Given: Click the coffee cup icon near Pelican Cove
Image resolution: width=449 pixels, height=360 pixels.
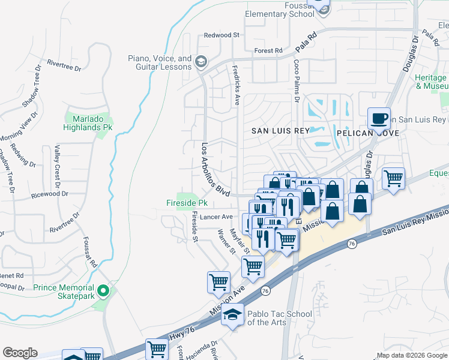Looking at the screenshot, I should click(x=379, y=118).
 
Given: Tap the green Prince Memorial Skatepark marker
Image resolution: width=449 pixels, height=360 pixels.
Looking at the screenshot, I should click(x=103, y=292).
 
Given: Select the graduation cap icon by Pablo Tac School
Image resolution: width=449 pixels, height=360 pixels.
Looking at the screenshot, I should click(x=233, y=314).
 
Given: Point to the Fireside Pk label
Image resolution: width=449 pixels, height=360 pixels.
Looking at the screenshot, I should click(x=187, y=203).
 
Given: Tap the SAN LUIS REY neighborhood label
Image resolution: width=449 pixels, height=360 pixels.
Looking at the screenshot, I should click(x=280, y=131).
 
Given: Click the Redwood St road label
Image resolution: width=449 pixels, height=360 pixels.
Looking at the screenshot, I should click(x=221, y=35).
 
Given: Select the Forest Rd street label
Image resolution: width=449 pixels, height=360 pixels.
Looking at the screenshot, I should click(x=268, y=51).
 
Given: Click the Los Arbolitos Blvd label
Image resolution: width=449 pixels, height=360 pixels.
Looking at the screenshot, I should click(x=215, y=169).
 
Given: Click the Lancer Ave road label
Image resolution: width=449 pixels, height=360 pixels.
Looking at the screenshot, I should click(x=217, y=217).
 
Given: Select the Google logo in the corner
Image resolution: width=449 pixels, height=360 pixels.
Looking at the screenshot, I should click(x=20, y=353).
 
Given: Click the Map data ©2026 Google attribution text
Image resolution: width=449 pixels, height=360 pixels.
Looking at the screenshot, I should click(x=412, y=355).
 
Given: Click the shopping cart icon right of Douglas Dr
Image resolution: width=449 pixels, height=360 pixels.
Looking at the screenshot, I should click(x=393, y=178).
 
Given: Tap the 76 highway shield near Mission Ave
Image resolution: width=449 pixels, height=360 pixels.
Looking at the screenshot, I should click(x=265, y=290).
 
